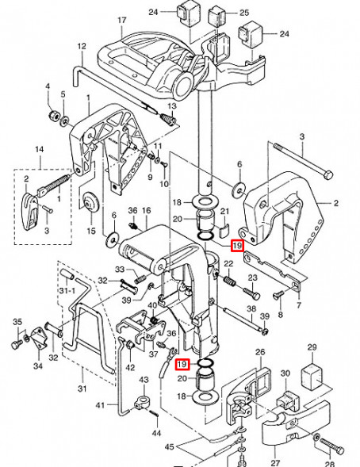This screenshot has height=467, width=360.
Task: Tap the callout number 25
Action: pos(244,13)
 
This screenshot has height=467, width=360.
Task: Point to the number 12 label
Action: pos(81,47)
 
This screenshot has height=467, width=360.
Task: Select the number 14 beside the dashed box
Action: pos(37,149)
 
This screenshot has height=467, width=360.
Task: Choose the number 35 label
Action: pos(15,321)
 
